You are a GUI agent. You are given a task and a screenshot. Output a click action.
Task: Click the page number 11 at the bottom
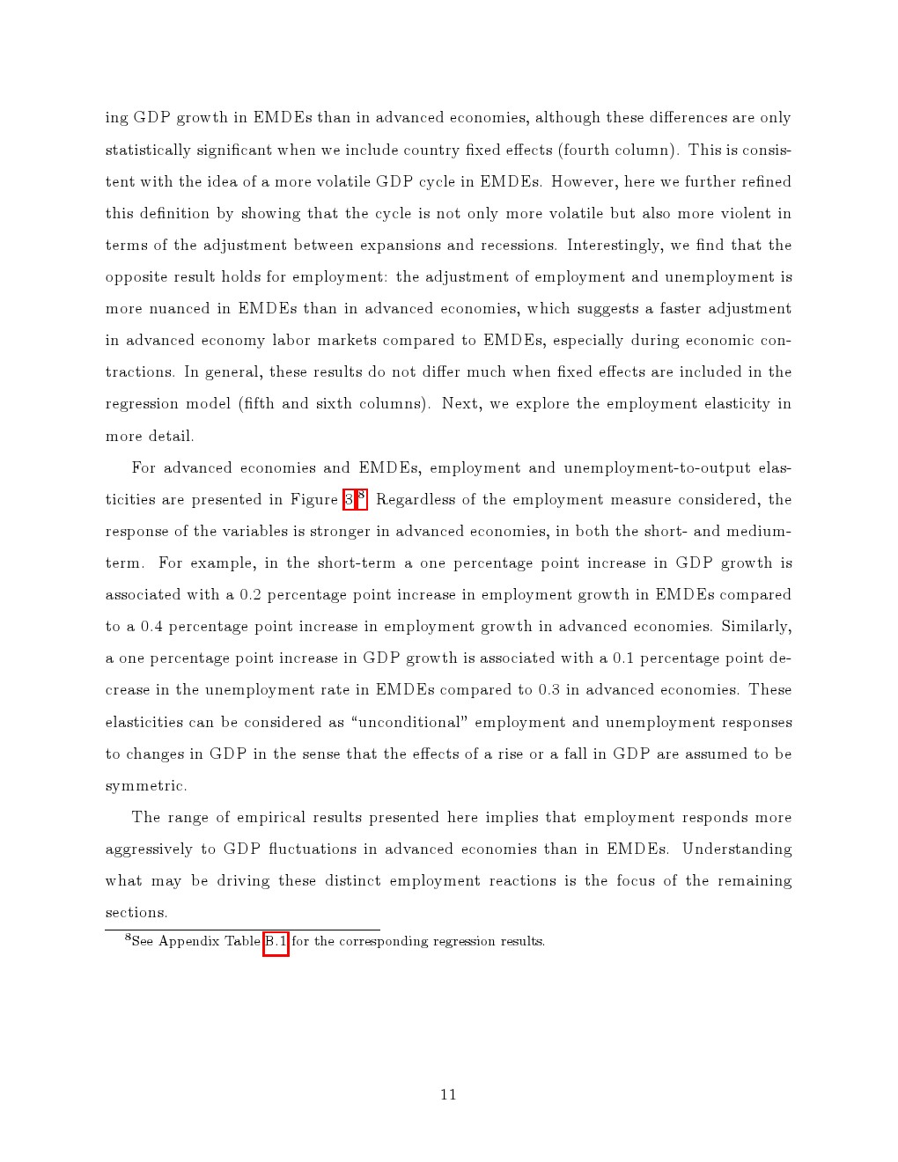(x=448, y=1094)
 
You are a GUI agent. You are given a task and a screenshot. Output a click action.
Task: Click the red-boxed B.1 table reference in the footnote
(x=276, y=942)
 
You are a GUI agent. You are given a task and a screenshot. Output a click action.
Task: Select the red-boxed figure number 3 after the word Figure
(x=349, y=500)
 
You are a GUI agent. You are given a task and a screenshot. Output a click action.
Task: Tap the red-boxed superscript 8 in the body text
(x=361, y=496)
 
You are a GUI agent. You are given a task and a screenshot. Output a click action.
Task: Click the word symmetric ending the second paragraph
(x=145, y=785)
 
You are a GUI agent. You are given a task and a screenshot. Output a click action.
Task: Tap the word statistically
(x=147, y=150)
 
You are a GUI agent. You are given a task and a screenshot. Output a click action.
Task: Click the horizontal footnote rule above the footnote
(x=242, y=930)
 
